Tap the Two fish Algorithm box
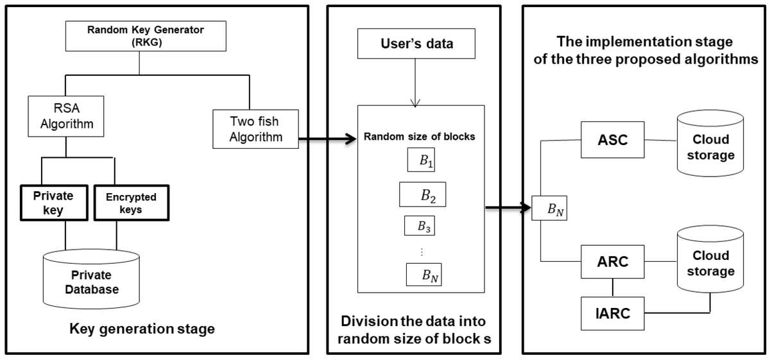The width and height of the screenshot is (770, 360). click(255, 128)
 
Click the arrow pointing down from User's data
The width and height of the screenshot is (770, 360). click(417, 83)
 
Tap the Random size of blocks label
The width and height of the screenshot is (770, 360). click(419, 137)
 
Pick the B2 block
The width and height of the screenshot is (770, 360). click(422, 195)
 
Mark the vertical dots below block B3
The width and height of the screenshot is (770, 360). click(421, 252)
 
